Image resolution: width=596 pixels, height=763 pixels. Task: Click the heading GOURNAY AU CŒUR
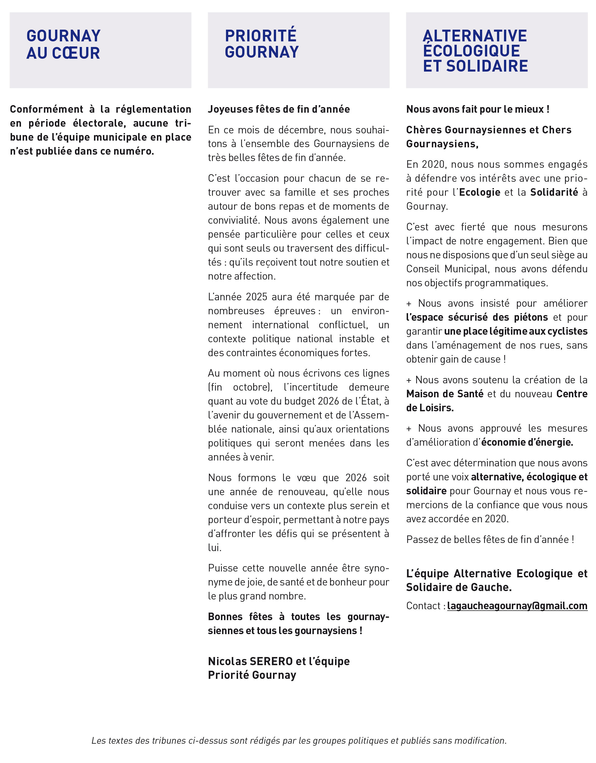point(63,44)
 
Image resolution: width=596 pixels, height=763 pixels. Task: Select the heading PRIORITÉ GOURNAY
point(262,44)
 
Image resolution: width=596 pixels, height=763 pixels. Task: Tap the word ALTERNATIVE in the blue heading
point(475,36)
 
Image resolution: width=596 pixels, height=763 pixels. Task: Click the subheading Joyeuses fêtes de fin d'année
point(279,109)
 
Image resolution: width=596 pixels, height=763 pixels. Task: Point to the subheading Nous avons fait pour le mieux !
point(477,109)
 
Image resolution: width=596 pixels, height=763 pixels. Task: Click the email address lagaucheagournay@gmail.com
point(517,606)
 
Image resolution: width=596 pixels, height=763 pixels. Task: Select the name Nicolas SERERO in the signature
point(250,661)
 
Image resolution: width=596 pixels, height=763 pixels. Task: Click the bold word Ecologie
point(480,192)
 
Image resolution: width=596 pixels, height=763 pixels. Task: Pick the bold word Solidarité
point(554,192)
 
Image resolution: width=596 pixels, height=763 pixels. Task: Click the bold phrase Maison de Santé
point(445,394)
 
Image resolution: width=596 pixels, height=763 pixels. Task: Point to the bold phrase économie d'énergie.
point(527,443)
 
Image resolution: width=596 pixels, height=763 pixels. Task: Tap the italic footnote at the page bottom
point(299,741)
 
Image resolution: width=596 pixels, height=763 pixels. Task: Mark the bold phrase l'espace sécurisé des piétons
point(477,318)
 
